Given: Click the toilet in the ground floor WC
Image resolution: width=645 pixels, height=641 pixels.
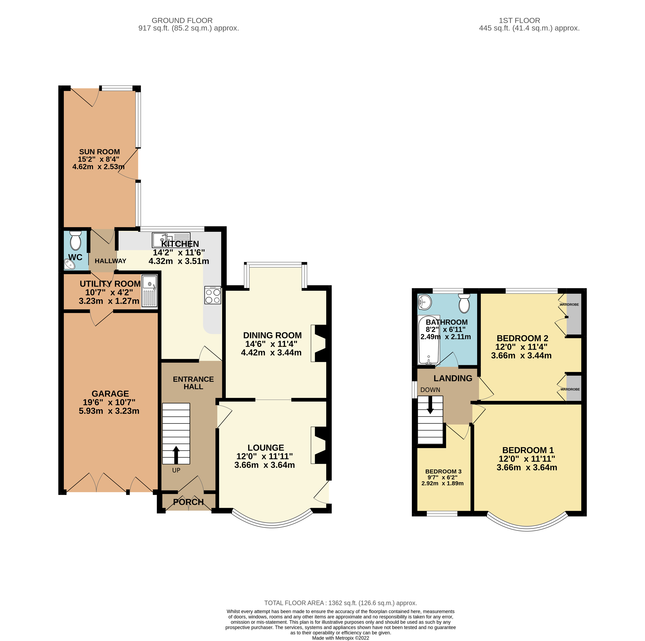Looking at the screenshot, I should pos(76,240).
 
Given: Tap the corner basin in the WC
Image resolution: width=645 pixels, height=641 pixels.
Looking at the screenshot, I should pos(69,265).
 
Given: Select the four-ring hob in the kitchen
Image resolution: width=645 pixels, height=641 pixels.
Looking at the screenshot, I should pos(213,295).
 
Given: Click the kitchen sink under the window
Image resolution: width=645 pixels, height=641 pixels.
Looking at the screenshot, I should pos(171,240).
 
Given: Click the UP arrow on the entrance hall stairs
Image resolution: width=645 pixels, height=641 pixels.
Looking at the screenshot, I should pos(176,455).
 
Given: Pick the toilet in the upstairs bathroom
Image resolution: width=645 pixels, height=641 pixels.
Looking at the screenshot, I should pos(464,303).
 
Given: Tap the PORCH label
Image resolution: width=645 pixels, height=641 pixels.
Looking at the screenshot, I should pos(188,502).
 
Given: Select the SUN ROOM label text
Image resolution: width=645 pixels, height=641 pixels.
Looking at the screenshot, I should pos(100,152).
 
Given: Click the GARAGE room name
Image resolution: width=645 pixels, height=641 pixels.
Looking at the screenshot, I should pos(110,394).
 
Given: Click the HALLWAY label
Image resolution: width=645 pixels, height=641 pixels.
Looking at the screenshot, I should pos(111,261).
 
